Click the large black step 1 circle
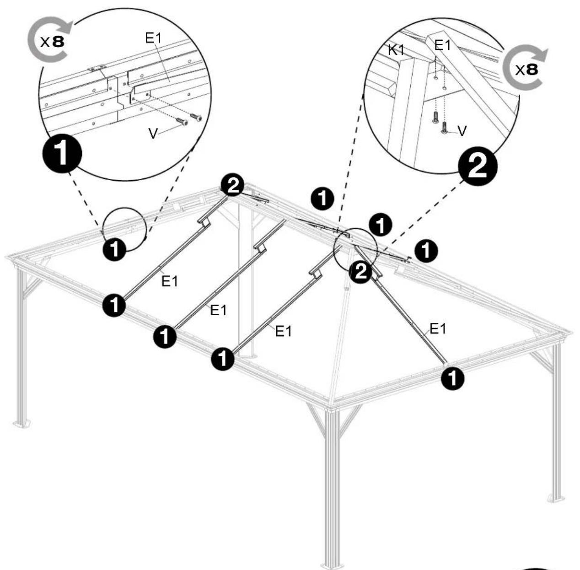coord(62,154)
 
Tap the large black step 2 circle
coord(478,166)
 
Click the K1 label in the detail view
coord(397,50)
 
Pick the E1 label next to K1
coord(442,45)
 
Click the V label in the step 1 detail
coord(153,134)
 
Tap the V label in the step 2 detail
coord(462,131)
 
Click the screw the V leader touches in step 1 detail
coord(182,121)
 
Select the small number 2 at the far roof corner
coord(232,186)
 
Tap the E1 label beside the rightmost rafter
coord(438,328)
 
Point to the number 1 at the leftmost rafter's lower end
coord(114,305)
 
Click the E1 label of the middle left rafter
coord(218,310)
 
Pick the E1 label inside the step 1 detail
coord(153,38)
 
